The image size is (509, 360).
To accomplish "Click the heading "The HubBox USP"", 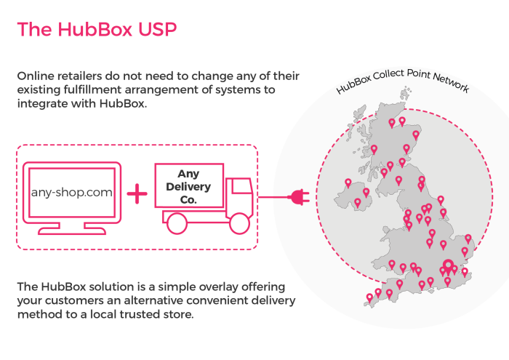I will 96,30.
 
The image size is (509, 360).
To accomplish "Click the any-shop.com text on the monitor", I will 71,193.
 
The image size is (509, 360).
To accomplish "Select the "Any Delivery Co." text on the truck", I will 188,186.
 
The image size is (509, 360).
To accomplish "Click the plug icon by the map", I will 298,196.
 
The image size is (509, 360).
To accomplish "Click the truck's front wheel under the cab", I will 238,223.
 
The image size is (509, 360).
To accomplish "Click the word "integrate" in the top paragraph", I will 43,104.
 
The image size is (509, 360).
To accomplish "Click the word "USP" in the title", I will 158,30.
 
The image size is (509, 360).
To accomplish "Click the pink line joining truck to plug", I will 273,196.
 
